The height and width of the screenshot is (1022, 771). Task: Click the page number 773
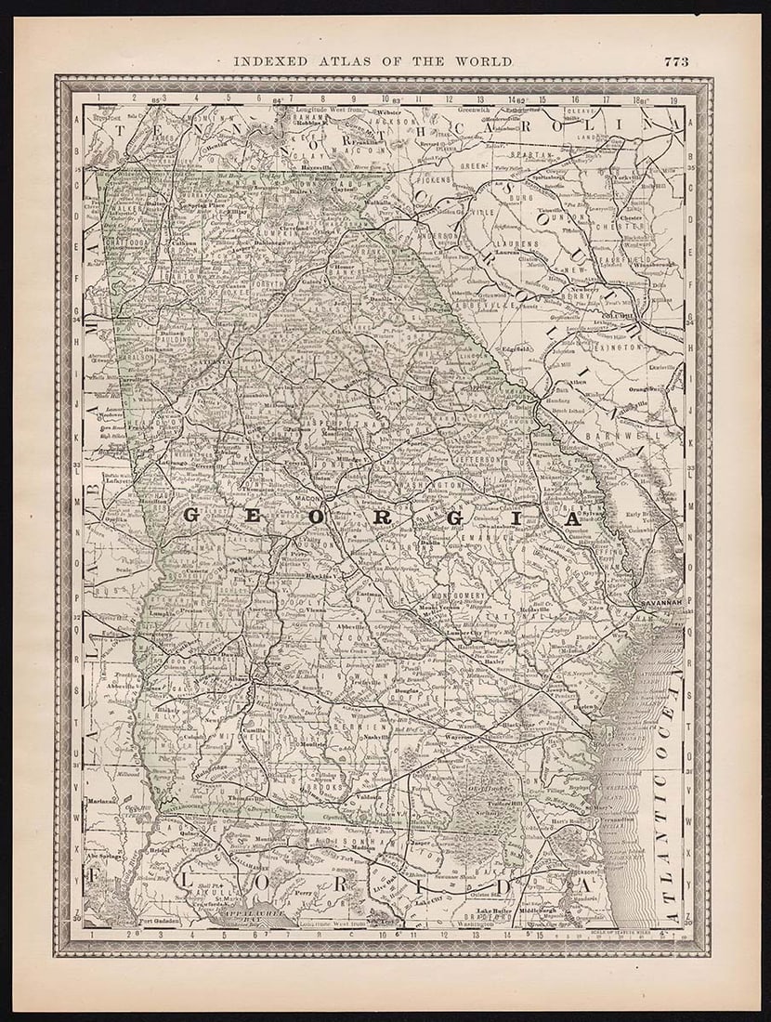point(675,61)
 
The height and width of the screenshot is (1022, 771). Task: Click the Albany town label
point(238,680)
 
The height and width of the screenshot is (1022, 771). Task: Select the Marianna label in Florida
point(102,799)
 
